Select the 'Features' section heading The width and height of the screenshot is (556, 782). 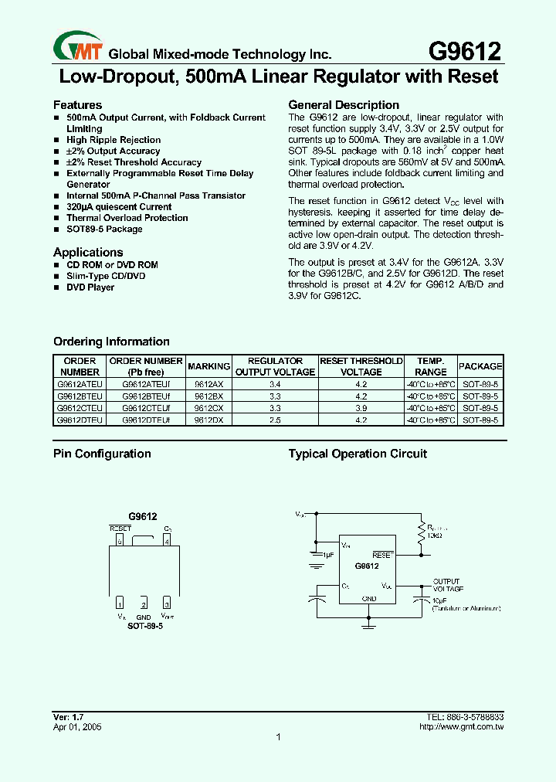pyautogui.click(x=77, y=105)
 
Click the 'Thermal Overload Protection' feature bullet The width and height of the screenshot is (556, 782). pyautogui.click(x=127, y=218)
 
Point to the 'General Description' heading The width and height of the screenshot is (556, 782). pyautogui.click(x=344, y=105)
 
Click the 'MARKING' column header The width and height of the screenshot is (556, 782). pyautogui.click(x=208, y=366)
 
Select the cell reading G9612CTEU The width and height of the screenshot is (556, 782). pyautogui.click(x=80, y=408)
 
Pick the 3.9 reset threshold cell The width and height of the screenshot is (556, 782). pyautogui.click(x=361, y=408)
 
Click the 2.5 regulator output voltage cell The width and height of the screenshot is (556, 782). pyautogui.click(x=275, y=420)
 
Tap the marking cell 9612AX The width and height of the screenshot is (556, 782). pyautogui.click(x=208, y=384)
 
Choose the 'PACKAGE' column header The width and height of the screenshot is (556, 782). pyautogui.click(x=480, y=366)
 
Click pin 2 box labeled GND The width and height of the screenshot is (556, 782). pyautogui.click(x=144, y=603)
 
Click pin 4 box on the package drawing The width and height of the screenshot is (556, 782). pyautogui.click(x=167, y=541)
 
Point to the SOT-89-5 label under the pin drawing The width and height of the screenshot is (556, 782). pyautogui.click(x=144, y=626)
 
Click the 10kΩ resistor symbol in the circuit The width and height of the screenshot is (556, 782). pyautogui.click(x=422, y=535)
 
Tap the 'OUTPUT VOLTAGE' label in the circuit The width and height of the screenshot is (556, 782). pyautogui.click(x=448, y=585)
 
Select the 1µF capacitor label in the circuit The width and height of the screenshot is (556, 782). pyautogui.click(x=329, y=555)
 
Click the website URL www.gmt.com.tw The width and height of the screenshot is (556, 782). pyautogui.click(x=461, y=727)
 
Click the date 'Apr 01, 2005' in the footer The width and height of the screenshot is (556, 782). pyautogui.click(x=77, y=727)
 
